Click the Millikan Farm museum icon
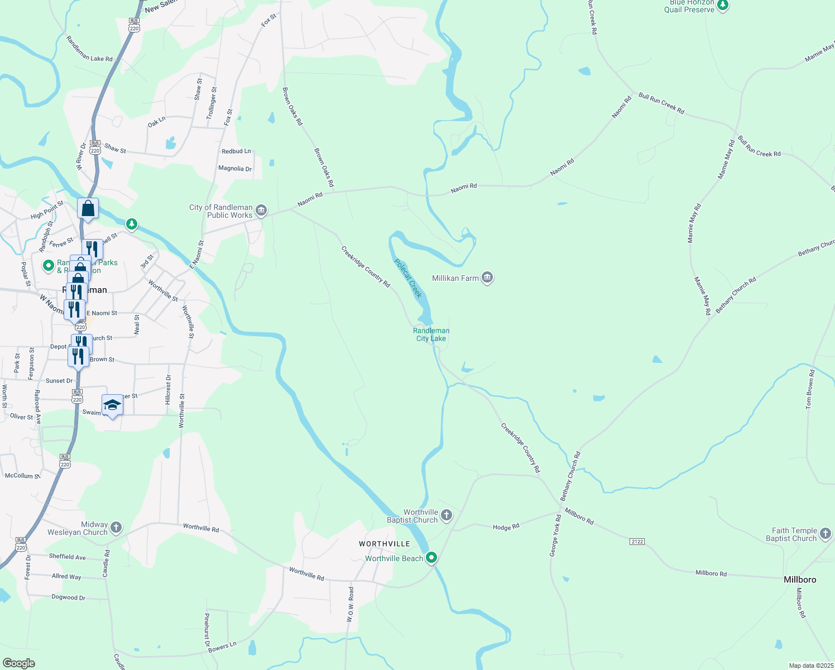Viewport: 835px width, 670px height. tap(487, 278)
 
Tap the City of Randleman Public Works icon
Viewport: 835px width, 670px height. tap(261, 211)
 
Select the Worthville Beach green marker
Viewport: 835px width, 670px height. tap(431, 558)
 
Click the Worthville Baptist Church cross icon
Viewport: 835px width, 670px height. tap(446, 515)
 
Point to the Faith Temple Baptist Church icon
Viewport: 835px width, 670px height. tap(826, 534)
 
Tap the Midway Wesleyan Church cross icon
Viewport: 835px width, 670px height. tap(116, 528)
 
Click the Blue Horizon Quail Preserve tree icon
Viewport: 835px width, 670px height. tap(723, 6)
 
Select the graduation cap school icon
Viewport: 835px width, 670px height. tap(112, 405)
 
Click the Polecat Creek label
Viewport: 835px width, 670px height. tap(409, 278)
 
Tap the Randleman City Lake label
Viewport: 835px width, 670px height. tap(431, 334)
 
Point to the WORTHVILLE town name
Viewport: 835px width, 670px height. tap(385, 544)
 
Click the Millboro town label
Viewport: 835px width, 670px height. tap(800, 580)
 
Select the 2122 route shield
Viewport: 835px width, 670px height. tap(637, 542)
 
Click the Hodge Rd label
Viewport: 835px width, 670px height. tap(506, 527)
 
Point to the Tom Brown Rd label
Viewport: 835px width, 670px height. tap(809, 389)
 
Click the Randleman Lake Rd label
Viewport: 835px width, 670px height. tap(89, 49)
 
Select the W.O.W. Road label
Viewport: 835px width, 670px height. tap(351, 604)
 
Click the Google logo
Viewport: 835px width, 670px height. tap(18, 663)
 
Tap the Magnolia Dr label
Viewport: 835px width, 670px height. tap(235, 168)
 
